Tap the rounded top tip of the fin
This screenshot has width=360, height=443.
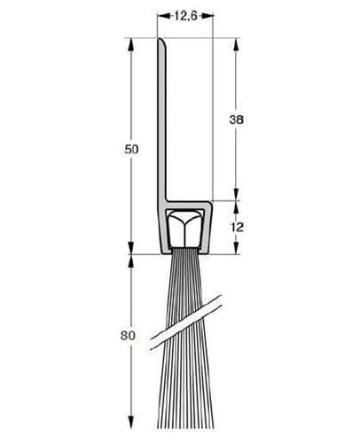(163, 40)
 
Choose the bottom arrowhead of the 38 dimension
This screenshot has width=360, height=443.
(235, 196)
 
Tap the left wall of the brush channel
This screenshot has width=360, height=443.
(163, 232)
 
